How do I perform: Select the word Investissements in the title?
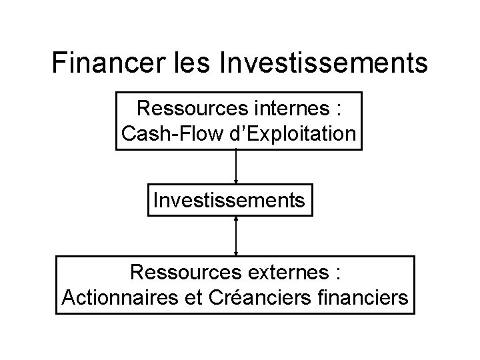323,63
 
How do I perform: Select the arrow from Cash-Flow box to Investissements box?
236,167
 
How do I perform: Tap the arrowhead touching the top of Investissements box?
236,181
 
